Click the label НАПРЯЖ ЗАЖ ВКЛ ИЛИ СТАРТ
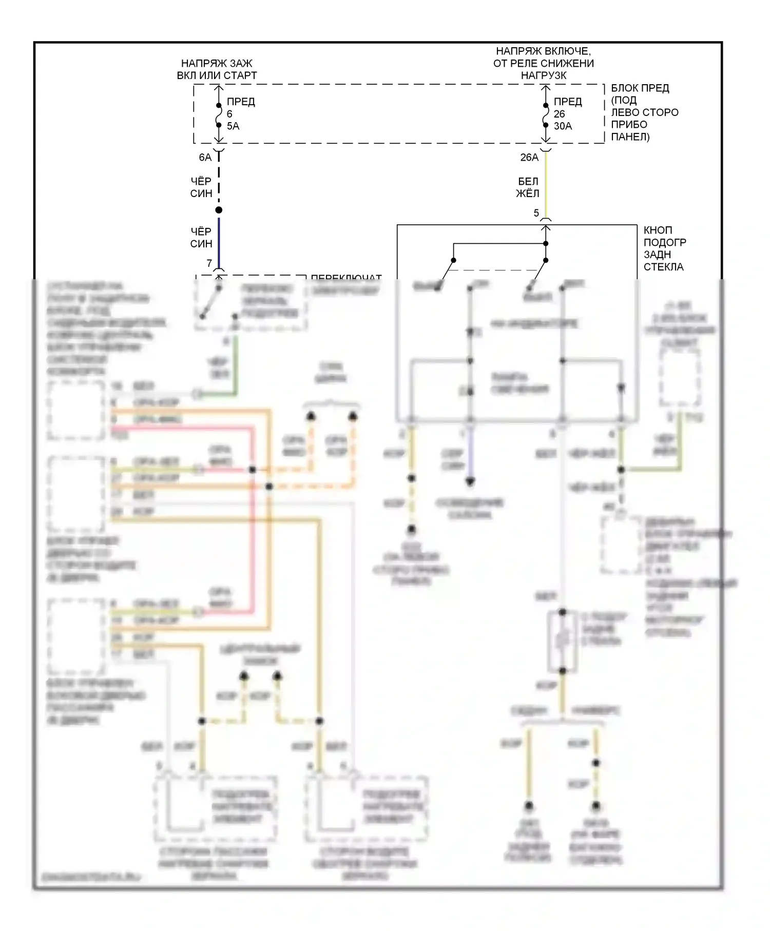click(x=217, y=69)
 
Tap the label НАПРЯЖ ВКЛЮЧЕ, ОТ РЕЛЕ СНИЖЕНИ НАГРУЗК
click(x=543, y=63)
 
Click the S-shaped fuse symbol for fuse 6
click(x=219, y=115)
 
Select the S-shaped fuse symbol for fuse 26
click(x=546, y=115)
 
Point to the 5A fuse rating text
click(x=233, y=126)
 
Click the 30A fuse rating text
click(x=563, y=126)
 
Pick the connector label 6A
click(x=205, y=158)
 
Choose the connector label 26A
click(x=529, y=158)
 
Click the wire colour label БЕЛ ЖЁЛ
click(x=528, y=187)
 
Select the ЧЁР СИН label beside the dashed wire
click(x=201, y=187)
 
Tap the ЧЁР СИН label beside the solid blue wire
click(x=201, y=238)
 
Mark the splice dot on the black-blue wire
click(x=219, y=210)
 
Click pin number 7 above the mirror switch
click(x=209, y=263)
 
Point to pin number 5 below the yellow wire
click(x=536, y=213)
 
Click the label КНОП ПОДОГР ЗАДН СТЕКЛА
click(x=664, y=248)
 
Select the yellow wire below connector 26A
click(x=546, y=185)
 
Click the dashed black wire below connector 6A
click(x=219, y=180)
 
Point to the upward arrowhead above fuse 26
click(x=546, y=88)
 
